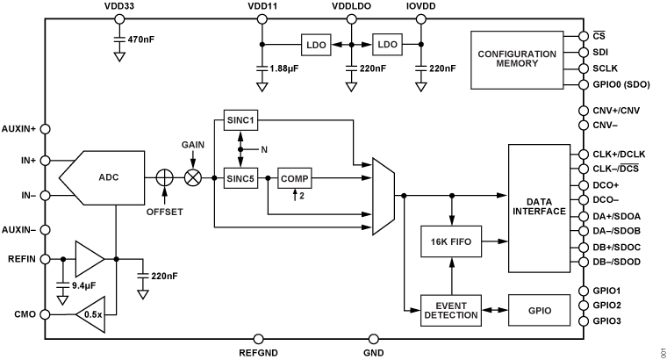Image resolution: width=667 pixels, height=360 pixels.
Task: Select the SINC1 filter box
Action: (x=239, y=121)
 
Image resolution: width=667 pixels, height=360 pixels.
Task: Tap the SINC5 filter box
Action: (x=239, y=177)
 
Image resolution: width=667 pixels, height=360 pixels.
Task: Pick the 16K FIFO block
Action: (x=452, y=241)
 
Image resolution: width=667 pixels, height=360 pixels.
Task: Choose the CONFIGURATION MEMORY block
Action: (x=517, y=60)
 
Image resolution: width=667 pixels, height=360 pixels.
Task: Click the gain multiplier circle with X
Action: (x=191, y=177)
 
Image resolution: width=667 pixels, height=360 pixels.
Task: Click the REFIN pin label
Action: (x=21, y=260)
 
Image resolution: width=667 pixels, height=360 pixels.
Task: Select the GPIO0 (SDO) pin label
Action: (x=627, y=85)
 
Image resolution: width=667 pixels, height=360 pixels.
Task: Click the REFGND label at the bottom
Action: (x=259, y=354)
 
